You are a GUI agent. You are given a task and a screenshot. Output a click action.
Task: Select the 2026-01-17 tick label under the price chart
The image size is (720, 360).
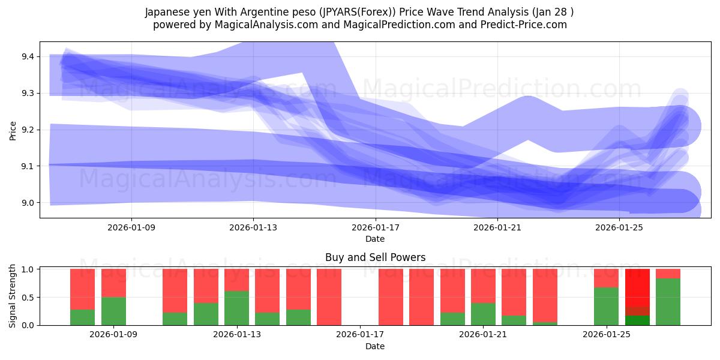375,227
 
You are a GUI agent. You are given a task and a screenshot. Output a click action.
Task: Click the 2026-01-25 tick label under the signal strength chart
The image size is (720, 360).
606,334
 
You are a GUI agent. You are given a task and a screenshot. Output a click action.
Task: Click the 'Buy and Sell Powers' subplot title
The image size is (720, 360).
375,257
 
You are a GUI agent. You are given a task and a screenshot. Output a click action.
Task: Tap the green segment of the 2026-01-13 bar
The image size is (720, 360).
236,308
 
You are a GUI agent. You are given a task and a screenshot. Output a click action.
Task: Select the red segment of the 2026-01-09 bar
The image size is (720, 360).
113,283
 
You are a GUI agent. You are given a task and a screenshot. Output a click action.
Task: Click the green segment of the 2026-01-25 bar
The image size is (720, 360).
606,306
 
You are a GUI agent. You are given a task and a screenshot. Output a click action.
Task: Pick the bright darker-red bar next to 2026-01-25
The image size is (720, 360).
637,288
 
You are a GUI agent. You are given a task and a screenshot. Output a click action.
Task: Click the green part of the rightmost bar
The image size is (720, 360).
668,302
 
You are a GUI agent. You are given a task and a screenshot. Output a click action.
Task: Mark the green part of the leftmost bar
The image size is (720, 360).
82,317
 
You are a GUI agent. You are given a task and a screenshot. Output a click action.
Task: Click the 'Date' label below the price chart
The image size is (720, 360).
375,239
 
